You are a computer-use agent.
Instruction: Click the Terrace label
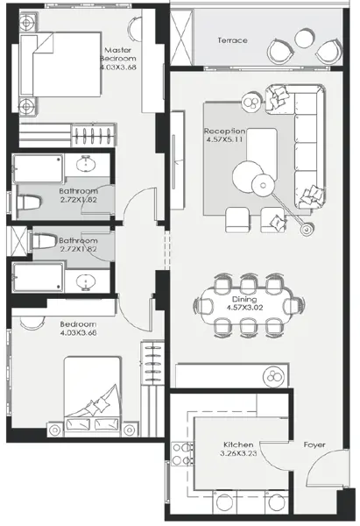point(233,40)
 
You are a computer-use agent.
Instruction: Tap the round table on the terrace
point(303,39)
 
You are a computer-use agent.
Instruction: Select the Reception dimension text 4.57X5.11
point(224,139)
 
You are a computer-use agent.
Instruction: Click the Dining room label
point(244,299)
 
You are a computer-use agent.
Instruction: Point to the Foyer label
point(314,444)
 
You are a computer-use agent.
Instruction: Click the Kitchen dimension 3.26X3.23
point(238,454)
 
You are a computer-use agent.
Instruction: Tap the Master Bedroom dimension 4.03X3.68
point(118,68)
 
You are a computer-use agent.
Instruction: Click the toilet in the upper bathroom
point(29,203)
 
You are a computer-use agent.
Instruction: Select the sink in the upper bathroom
point(87,164)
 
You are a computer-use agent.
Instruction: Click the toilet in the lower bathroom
point(43,241)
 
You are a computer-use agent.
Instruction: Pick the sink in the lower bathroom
point(87,281)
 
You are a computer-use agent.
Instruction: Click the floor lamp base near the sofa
point(306,230)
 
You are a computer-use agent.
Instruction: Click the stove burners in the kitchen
point(182,454)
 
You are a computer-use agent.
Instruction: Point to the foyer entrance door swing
point(327,466)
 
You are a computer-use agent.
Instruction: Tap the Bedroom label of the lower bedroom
point(79,324)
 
